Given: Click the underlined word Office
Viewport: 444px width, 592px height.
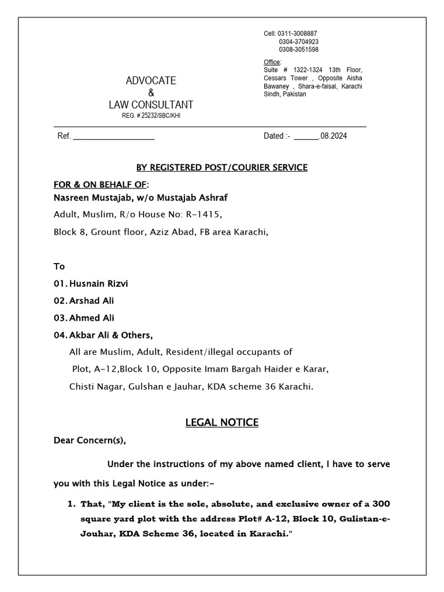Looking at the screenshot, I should click(272, 62).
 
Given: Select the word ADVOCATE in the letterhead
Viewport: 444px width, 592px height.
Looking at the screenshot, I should click(151, 80).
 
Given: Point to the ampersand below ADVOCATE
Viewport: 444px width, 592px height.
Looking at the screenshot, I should click(151, 93).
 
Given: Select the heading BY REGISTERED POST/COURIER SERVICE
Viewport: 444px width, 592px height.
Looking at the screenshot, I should click(221, 168).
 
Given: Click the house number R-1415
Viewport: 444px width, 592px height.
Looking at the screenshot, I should click(202, 214).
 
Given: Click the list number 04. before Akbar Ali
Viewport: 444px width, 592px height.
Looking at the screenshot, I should click(60, 335).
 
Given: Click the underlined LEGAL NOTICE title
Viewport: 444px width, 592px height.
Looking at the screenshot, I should click(221, 423).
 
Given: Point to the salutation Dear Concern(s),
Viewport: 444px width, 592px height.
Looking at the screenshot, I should click(89, 441).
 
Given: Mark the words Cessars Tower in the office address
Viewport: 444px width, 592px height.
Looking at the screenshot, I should click(285, 77).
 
